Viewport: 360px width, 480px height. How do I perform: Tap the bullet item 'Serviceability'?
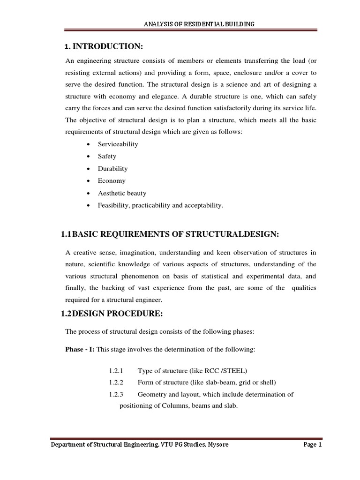point(118,144)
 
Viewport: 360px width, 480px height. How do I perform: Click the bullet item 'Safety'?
point(107,157)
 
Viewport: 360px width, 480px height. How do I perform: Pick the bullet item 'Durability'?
point(112,169)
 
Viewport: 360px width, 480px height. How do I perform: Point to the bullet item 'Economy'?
point(112,181)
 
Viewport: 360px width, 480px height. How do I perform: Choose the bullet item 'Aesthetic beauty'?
point(122,193)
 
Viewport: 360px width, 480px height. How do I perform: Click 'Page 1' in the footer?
point(311,445)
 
